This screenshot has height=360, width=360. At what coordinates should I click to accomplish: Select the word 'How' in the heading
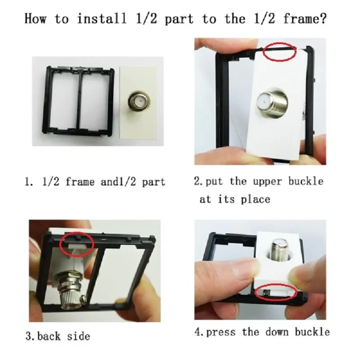[35, 19]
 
